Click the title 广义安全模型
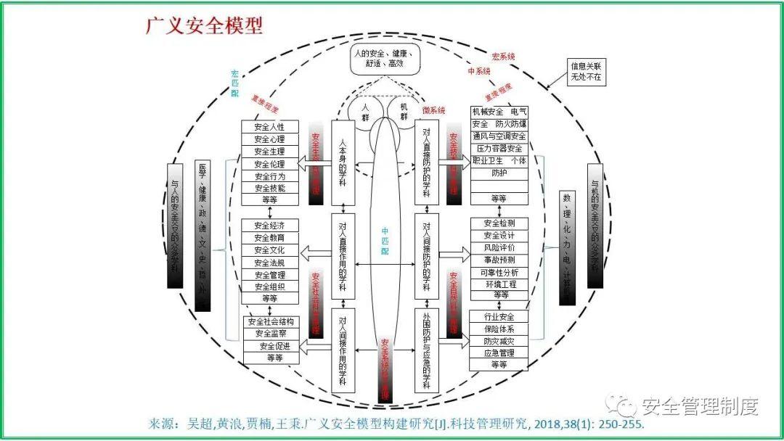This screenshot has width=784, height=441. coord(204,25)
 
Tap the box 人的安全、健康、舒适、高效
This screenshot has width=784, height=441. coord(382,59)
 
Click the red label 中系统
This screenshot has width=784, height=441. coord(479,71)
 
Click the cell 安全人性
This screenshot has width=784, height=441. coord(269,127)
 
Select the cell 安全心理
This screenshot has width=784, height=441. coord(269,139)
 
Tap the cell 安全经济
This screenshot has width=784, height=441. coord(269,225)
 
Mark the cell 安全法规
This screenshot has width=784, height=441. coord(269,263)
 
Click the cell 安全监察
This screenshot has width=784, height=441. coord(269,334)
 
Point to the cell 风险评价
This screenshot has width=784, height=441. coord(499,248)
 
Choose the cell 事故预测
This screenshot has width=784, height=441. coord(499,260)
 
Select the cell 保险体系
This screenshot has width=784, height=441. coord(499,329)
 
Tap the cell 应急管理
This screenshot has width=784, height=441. coord(499,353)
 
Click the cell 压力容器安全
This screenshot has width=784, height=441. coord(499,149)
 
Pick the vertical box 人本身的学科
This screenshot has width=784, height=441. coord(343,162)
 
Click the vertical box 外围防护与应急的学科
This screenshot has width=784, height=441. coord(427,350)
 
